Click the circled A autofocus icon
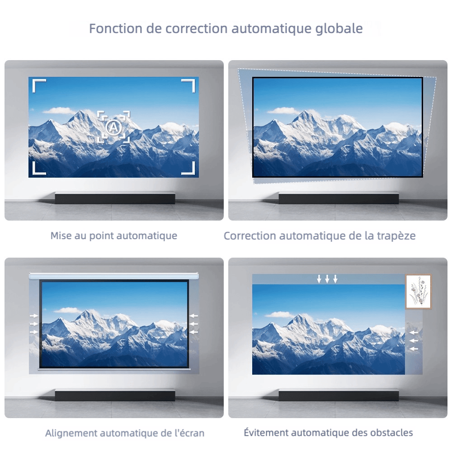113,127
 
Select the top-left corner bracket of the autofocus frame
38,85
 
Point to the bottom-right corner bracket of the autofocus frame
188,168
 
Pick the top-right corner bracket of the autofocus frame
188,85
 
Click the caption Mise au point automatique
114,235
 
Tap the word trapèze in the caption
396,236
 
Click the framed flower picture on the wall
418,292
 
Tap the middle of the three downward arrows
327,279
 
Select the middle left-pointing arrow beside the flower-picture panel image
414,340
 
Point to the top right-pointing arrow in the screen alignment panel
34,316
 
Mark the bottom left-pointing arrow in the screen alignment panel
194,332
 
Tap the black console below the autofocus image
115,198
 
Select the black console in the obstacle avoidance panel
339,395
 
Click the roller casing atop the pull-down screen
114,275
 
